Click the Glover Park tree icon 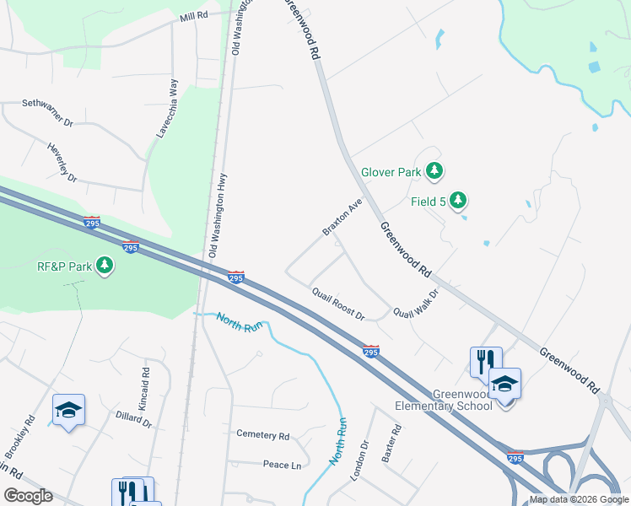click(x=434, y=172)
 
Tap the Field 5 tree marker click(x=457, y=201)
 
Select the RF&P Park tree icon click(x=105, y=266)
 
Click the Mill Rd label click(x=193, y=17)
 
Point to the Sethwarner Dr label click(x=48, y=113)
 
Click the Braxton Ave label click(x=342, y=218)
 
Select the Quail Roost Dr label click(x=337, y=304)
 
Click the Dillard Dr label click(x=134, y=419)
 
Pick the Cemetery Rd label click(x=262, y=435)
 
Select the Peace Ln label click(x=282, y=465)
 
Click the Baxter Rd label click(x=390, y=443)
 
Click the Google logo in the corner click(x=28, y=496)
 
